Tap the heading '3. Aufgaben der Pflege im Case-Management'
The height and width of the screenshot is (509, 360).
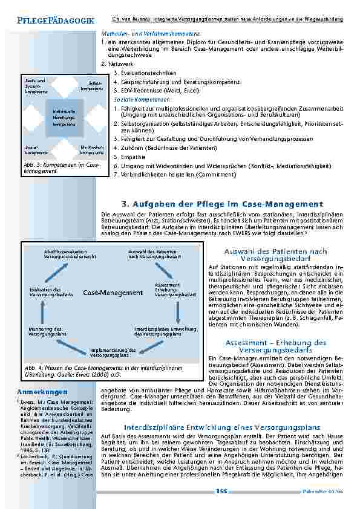(215, 204)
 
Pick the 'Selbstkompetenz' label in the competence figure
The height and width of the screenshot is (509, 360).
(88, 85)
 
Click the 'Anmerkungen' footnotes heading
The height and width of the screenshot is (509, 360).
(38, 391)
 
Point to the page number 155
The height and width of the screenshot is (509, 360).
(221, 491)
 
